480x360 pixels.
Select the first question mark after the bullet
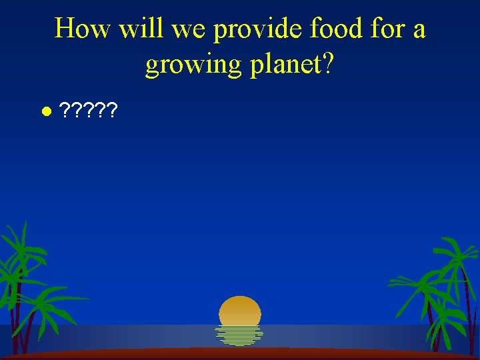[x=65, y=110]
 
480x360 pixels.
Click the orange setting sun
[x=240, y=311]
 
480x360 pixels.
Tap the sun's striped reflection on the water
[x=240, y=335]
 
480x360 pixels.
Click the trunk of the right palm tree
[x=468, y=313]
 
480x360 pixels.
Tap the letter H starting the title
[x=65, y=29]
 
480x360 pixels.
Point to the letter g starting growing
[x=153, y=67]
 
